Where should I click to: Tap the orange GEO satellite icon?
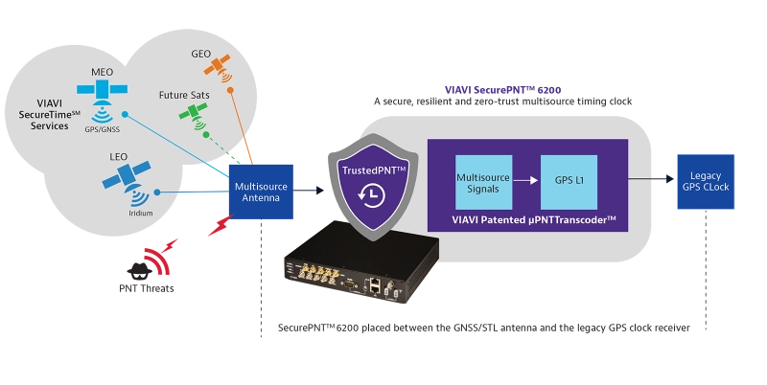pos(221,65)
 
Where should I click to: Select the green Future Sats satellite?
pos(195,115)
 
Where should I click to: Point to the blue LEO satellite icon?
pos(125,175)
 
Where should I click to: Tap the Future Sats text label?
pos(185,96)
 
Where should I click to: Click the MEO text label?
pos(102,72)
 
